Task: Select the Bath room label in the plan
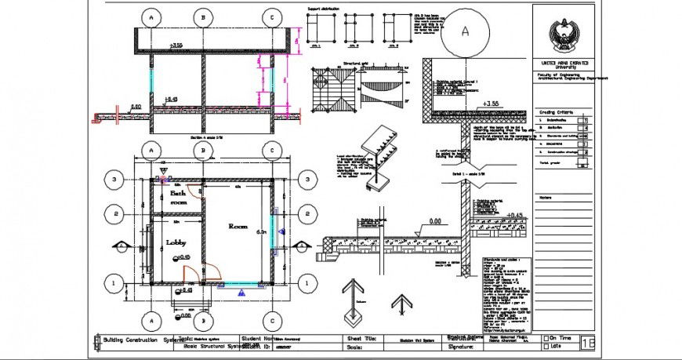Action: coord(178,197)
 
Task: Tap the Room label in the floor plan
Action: coord(238,226)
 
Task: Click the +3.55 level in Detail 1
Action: coord(491,104)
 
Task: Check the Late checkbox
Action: coord(546,345)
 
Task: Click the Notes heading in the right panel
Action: coord(546,197)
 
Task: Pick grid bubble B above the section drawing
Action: coord(203,16)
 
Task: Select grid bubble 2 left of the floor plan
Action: coord(114,213)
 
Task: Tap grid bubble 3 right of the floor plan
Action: coord(305,180)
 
